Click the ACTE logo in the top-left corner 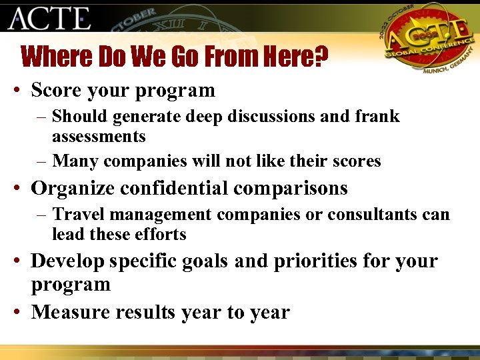coord(49,18)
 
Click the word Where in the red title coord(57,57)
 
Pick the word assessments coord(99,137)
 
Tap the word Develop coord(67,261)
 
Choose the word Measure coord(70,312)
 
